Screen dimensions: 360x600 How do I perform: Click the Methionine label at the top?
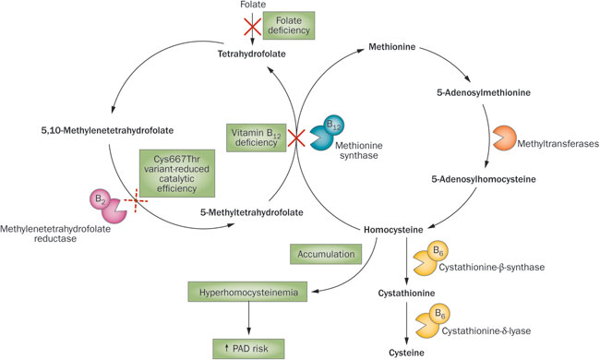click(395, 44)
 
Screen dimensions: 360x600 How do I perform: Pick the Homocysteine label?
click(394, 225)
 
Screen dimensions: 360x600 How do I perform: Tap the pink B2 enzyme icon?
click(108, 204)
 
